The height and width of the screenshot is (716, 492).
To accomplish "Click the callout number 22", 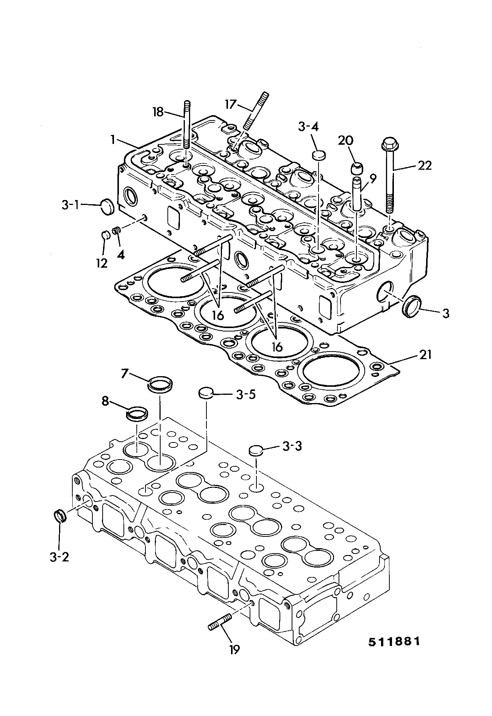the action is click(x=424, y=166).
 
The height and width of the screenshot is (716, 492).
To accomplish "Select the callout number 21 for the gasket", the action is click(x=425, y=355).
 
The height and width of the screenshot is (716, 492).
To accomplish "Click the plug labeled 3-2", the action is click(x=59, y=516).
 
